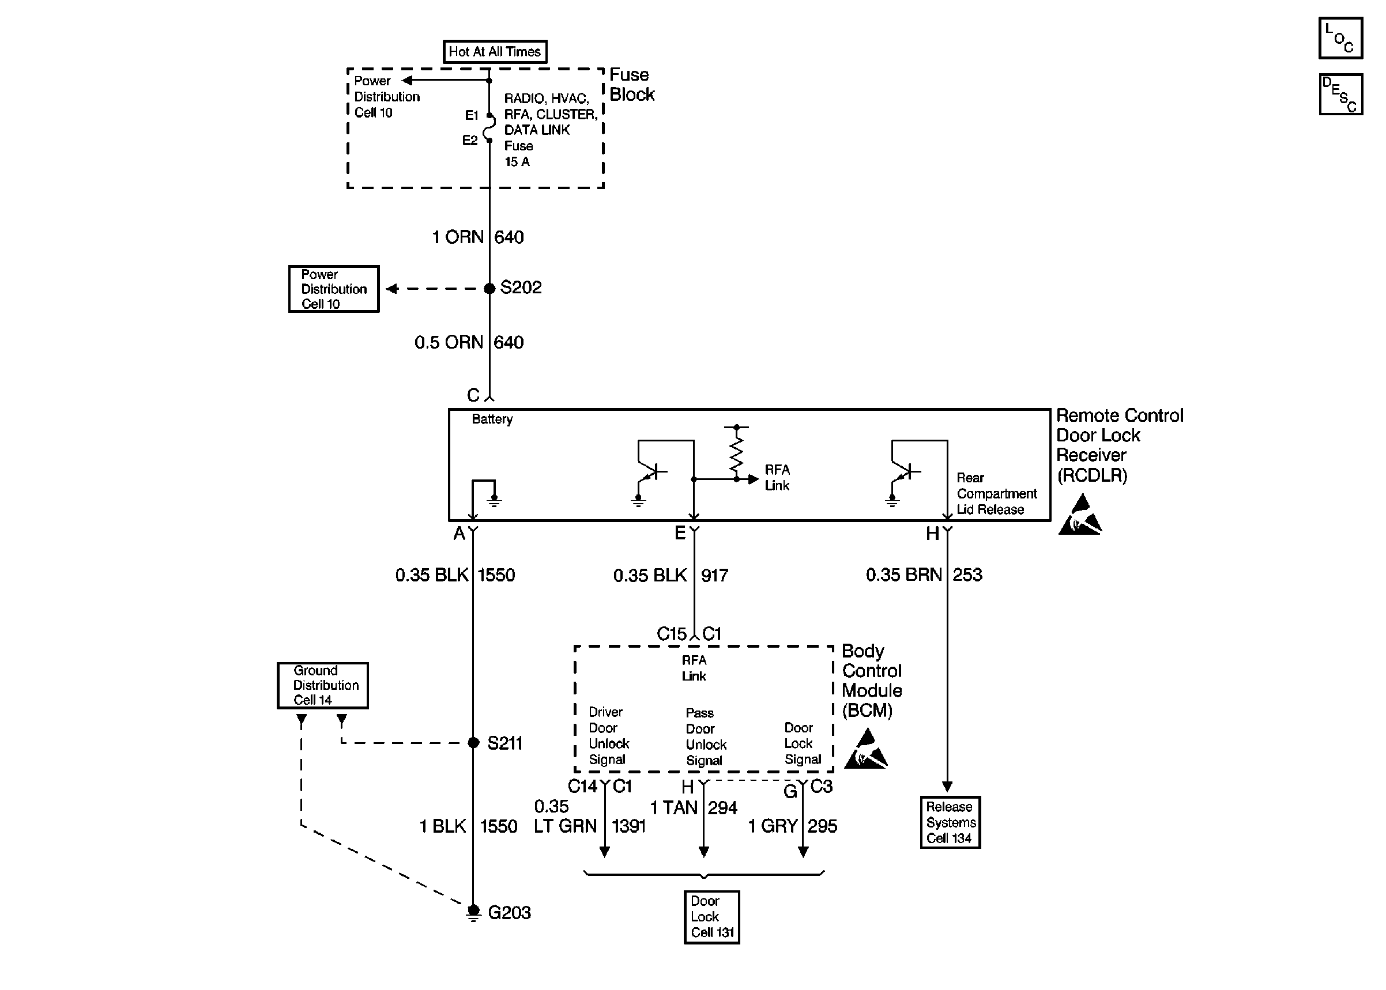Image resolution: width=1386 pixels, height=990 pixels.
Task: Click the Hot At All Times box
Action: (495, 52)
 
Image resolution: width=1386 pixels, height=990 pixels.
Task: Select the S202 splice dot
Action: (489, 288)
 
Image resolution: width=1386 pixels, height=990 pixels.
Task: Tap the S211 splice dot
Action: (474, 742)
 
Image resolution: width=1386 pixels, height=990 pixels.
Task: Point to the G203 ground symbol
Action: (473, 913)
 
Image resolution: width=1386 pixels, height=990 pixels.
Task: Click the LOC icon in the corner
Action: (1340, 38)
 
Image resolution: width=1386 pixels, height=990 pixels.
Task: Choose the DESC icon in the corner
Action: (1340, 95)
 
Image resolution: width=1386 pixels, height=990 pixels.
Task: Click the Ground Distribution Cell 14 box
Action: (322, 685)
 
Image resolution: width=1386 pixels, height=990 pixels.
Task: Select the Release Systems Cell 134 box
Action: (950, 822)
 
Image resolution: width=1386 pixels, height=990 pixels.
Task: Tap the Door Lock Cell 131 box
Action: (711, 917)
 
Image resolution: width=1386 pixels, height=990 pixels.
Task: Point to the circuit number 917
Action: (715, 576)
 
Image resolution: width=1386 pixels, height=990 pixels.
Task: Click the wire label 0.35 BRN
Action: (903, 575)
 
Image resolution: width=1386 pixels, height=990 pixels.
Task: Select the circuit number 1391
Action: (628, 826)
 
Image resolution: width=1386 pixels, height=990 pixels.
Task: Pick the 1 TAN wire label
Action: (674, 808)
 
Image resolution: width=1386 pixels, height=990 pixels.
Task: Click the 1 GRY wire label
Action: (773, 826)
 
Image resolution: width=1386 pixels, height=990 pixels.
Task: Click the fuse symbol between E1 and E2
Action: (489, 128)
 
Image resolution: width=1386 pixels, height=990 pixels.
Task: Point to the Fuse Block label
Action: (632, 85)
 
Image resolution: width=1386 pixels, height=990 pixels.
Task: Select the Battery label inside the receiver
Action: (492, 420)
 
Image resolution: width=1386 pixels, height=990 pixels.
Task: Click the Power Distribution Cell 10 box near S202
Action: (334, 289)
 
